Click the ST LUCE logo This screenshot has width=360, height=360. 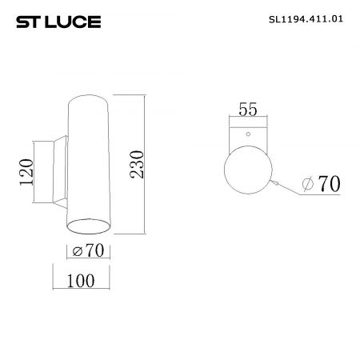point(58,22)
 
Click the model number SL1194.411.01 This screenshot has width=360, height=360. point(306,19)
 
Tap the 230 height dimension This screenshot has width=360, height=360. point(137,165)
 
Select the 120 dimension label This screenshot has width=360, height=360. point(26,172)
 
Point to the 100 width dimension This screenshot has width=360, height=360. point(81,281)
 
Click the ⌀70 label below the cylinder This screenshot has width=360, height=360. point(88,250)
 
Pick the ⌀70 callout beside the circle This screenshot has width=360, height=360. point(322,184)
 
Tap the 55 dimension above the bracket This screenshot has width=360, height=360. point(248,110)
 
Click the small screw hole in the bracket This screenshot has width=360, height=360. point(248,134)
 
